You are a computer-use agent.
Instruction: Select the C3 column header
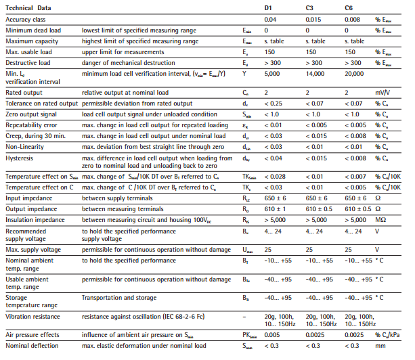(311, 7)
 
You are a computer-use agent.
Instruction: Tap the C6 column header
(349, 7)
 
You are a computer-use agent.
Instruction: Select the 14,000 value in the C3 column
(315, 72)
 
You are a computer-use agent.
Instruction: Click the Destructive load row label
(26, 63)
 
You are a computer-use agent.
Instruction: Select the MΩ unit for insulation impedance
(380, 219)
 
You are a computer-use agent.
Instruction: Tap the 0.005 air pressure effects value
(272, 335)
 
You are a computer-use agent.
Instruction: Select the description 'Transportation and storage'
(118, 297)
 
